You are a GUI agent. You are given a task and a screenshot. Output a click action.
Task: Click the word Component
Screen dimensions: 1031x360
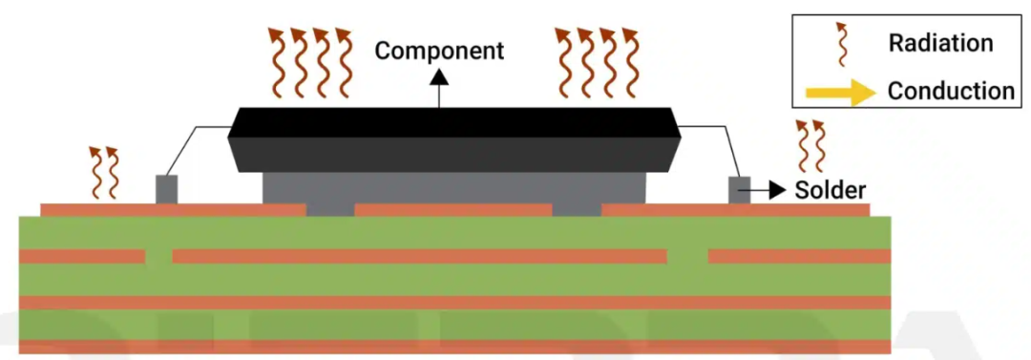click(439, 51)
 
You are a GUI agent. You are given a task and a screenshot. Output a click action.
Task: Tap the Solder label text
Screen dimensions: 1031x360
click(830, 190)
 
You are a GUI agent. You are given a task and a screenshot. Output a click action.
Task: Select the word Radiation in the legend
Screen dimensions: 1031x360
click(940, 43)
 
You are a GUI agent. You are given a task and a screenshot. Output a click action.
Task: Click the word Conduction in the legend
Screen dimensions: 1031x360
click(951, 91)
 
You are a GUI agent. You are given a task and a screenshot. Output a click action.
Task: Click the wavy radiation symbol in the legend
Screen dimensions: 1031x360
click(841, 43)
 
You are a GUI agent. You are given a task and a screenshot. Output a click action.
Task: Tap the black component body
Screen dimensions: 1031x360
click(453, 139)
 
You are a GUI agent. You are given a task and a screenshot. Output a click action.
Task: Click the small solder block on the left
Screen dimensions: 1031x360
click(166, 189)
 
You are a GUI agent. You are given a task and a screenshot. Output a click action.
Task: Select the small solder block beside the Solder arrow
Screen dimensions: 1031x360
click(740, 189)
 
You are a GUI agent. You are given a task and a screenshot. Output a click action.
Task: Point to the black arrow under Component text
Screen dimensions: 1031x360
click(439, 88)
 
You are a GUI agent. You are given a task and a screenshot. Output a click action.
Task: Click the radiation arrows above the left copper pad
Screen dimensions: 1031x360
click(104, 173)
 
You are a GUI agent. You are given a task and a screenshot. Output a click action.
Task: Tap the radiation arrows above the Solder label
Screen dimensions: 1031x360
click(810, 146)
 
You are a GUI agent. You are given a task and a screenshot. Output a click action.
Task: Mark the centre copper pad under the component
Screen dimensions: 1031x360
click(453, 210)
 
